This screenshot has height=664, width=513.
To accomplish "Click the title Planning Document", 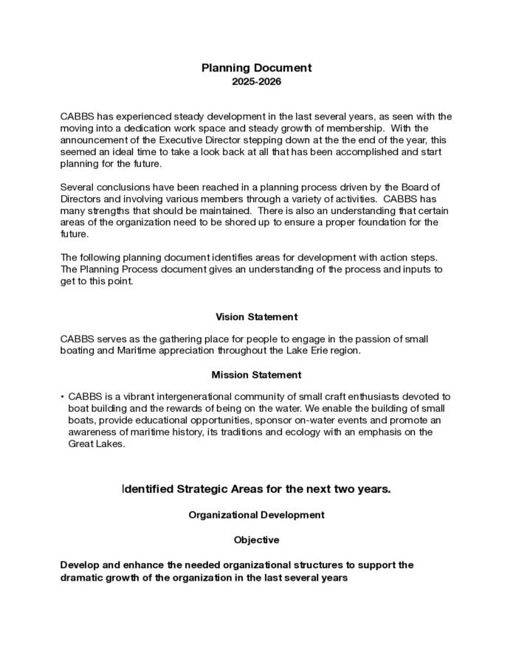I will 256,68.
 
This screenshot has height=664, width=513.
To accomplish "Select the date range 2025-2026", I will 256,82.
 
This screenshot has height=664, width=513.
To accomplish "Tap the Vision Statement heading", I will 256,317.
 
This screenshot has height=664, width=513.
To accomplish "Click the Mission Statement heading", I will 256,375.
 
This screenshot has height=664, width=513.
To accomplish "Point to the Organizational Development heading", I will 256,514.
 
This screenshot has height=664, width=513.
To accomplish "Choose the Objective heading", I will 256,540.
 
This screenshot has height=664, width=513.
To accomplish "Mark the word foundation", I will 379,222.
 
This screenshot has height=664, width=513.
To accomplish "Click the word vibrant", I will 134,397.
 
